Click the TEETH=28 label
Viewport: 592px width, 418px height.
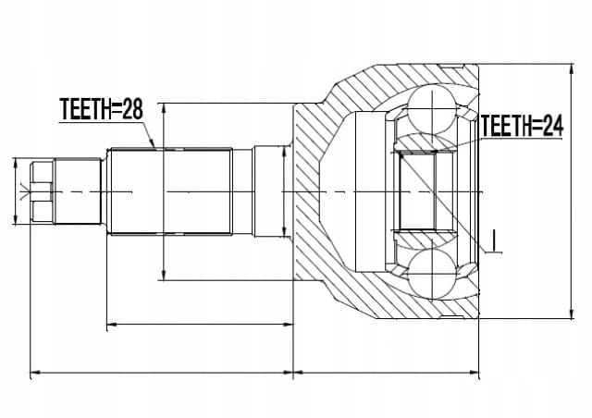pos(101,109)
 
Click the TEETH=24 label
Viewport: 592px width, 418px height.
pos(522,126)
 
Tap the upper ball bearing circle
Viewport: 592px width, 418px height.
pos(432,109)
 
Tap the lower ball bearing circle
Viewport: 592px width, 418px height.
pos(432,272)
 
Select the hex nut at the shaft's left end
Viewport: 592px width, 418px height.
pos(42,191)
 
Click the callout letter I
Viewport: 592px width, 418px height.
pos(494,240)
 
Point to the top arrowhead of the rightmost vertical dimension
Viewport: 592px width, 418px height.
pos(572,69)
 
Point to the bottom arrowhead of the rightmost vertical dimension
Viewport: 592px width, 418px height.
pos(572,313)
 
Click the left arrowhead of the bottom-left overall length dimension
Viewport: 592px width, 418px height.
pos(35,373)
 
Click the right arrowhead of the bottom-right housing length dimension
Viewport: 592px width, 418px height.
pos(474,373)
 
